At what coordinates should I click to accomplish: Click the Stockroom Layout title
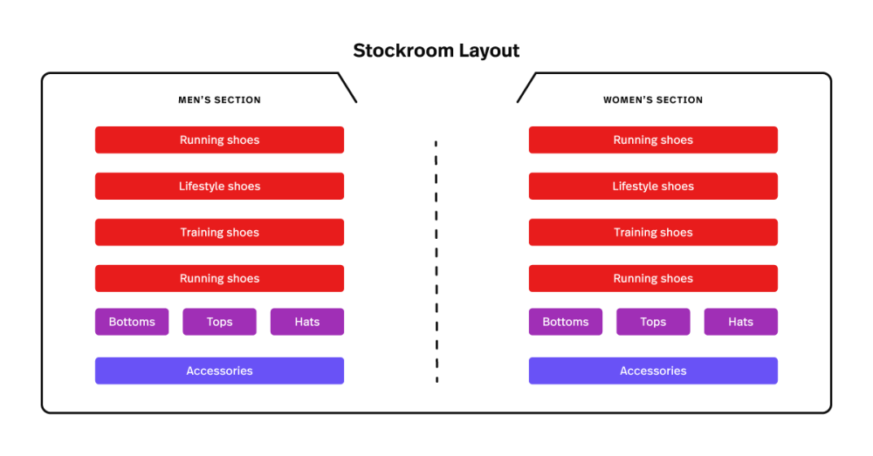click(436, 51)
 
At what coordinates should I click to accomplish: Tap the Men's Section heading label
click(219, 100)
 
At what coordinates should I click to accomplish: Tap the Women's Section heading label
click(653, 100)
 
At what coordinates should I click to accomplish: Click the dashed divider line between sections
click(436, 262)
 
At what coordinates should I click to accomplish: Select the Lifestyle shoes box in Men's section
click(219, 186)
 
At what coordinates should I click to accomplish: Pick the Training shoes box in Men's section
click(219, 232)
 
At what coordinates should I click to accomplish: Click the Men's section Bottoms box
click(132, 322)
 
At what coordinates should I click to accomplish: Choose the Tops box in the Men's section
click(219, 322)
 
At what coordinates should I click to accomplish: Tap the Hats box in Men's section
click(306, 322)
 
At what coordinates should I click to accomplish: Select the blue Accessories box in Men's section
click(219, 371)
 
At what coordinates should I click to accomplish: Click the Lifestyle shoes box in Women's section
click(653, 186)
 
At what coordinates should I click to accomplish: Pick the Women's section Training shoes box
click(653, 232)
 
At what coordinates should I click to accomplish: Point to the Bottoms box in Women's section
click(565, 322)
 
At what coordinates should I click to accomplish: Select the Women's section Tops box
click(653, 322)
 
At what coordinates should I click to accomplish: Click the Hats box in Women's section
click(740, 322)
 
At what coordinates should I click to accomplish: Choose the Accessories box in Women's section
click(653, 371)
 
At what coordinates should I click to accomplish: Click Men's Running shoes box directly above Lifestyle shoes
click(219, 140)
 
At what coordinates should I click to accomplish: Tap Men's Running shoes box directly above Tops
click(219, 278)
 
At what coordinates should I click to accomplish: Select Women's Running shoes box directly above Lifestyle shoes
click(653, 140)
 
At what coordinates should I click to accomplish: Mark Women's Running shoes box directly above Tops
click(653, 278)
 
